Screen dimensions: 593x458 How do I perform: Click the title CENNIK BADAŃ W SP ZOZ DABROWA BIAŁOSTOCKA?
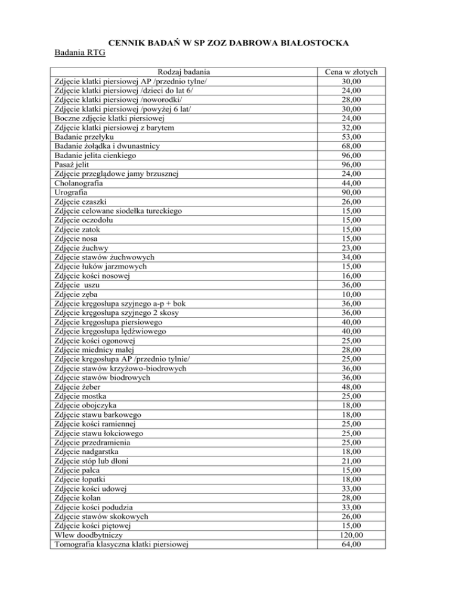[228, 43]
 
